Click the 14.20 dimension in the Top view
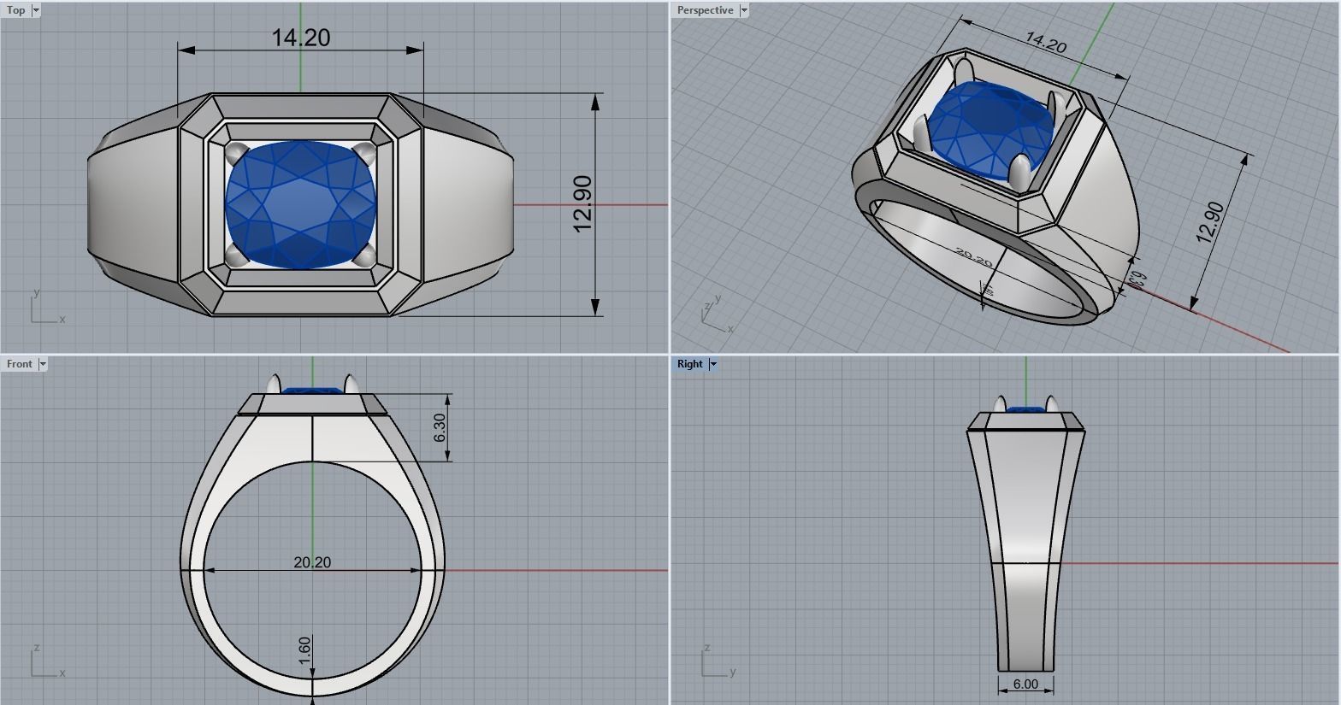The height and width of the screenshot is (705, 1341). coord(300,38)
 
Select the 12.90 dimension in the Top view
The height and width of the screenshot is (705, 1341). coord(582,203)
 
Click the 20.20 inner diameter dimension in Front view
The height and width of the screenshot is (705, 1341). coord(312,562)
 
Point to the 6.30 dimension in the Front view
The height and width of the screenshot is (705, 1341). coord(440,427)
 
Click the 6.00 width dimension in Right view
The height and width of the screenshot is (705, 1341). coord(1025,684)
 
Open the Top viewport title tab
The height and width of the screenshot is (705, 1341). coord(16,10)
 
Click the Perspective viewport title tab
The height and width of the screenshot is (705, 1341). coord(705,10)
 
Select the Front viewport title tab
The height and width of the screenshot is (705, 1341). coord(20,364)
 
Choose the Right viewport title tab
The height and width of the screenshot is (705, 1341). coord(689,364)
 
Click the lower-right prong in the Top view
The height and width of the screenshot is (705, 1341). coord(365,255)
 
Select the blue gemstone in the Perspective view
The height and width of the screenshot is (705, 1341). coord(992,128)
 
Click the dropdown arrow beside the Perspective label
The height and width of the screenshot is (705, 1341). coord(744,10)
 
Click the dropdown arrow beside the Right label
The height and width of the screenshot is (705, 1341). coord(713,364)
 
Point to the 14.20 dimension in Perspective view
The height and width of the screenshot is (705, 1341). coord(1045,42)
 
